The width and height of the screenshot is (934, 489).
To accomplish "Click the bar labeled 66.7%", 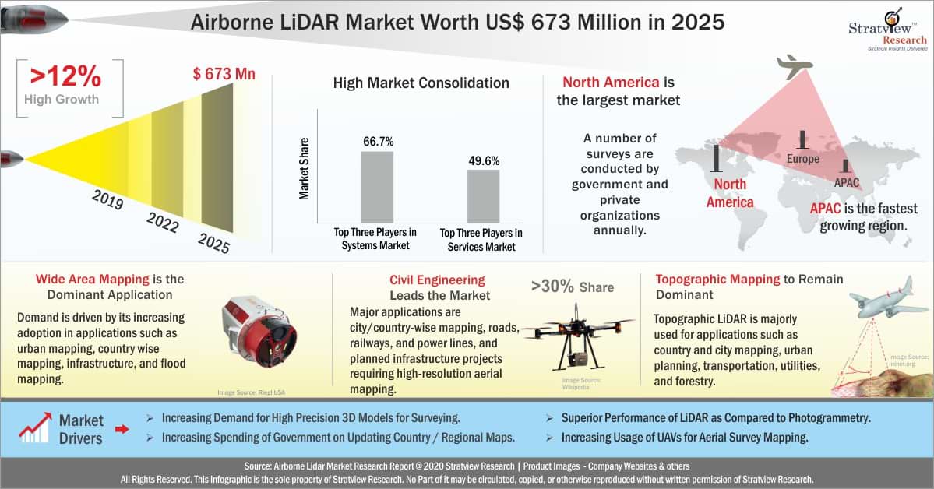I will (x=377, y=186).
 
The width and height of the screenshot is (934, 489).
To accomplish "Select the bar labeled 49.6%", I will (x=483, y=195).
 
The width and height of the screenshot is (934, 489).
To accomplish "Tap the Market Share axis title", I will (x=305, y=169).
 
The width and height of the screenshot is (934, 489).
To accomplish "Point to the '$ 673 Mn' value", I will (x=224, y=75).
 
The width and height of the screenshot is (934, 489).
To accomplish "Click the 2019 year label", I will (x=107, y=200).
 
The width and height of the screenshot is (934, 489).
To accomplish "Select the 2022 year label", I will (x=162, y=222).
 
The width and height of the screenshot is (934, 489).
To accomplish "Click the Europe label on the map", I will (x=802, y=159).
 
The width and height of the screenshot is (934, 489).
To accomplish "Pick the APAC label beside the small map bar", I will (x=847, y=182).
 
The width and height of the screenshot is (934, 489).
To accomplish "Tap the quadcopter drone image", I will (x=577, y=334).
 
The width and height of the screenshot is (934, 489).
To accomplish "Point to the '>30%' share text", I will (x=572, y=287).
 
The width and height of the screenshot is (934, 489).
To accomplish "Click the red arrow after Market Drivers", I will (x=122, y=428).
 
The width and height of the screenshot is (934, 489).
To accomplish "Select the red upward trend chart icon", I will (x=35, y=428).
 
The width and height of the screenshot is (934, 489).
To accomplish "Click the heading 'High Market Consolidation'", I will (x=421, y=83).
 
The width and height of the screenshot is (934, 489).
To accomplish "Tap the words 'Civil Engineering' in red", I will (x=437, y=280).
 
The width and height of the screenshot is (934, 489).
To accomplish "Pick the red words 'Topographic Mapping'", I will (x=717, y=279).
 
